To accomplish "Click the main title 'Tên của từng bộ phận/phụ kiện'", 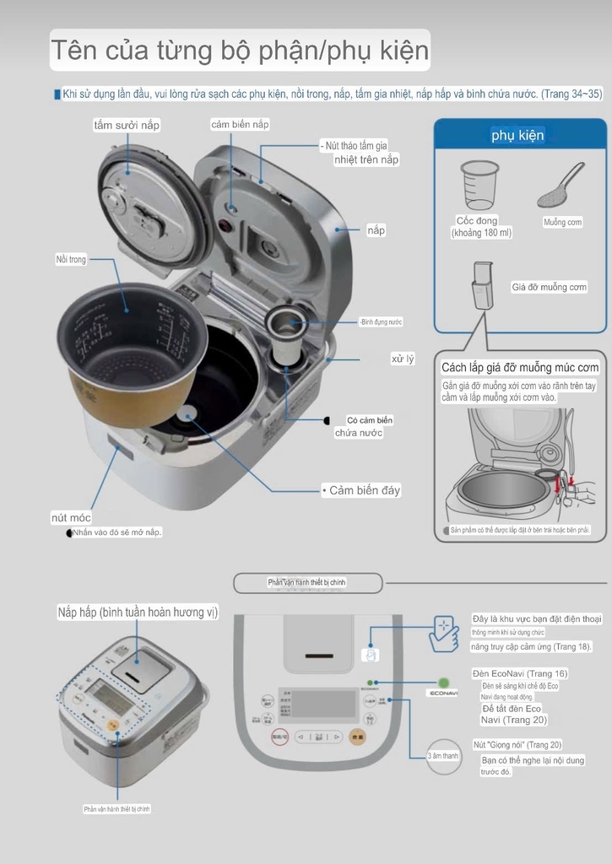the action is [x=241, y=51].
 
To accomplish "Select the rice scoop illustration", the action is [x=560, y=186].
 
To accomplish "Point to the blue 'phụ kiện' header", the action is [x=518, y=136].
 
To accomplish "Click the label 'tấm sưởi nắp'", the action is [x=127, y=125].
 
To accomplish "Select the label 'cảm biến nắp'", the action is [x=240, y=124].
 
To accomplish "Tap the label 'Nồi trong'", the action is [x=71, y=260].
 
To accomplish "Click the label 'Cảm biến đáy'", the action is [x=364, y=490].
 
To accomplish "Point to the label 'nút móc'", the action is [x=71, y=517].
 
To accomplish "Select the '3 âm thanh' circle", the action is [x=443, y=756].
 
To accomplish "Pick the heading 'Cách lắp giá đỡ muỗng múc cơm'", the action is [x=520, y=368].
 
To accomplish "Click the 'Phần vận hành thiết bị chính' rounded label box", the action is [x=307, y=582].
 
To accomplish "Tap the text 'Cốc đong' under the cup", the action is [x=477, y=221].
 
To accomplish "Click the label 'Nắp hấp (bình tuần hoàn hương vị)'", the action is [x=138, y=612].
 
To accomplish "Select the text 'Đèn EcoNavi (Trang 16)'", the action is [x=519, y=673].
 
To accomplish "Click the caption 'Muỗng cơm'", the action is [x=563, y=222].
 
